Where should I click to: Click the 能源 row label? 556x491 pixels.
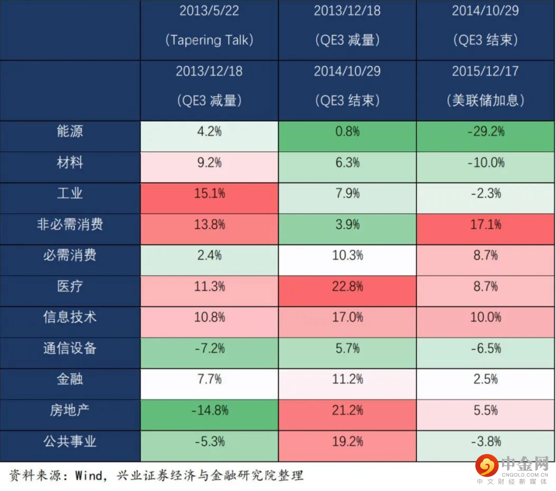[x=69, y=132]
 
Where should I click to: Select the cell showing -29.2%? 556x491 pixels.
[x=485, y=132]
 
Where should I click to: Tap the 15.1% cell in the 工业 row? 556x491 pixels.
[x=209, y=194]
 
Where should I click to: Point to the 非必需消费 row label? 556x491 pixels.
[x=69, y=225]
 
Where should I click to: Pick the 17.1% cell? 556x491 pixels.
[x=485, y=225]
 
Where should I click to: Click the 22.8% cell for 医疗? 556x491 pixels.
[x=347, y=286]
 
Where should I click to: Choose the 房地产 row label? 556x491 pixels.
[x=69, y=411]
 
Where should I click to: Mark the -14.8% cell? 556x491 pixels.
[x=209, y=411]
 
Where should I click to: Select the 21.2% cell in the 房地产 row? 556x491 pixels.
[x=347, y=411]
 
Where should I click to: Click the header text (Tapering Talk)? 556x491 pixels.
[x=209, y=40]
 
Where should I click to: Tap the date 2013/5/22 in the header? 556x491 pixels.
[x=209, y=11]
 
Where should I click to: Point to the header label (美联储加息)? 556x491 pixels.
[x=485, y=100]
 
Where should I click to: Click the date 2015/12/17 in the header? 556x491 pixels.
[x=485, y=71]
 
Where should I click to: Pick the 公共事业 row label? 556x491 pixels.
[x=69, y=442]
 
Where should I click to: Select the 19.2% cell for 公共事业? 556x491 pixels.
[x=347, y=442]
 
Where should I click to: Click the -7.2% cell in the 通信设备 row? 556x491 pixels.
[x=209, y=349]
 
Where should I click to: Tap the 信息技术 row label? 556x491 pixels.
[x=69, y=317]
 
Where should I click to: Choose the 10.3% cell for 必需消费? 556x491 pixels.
[x=347, y=256]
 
